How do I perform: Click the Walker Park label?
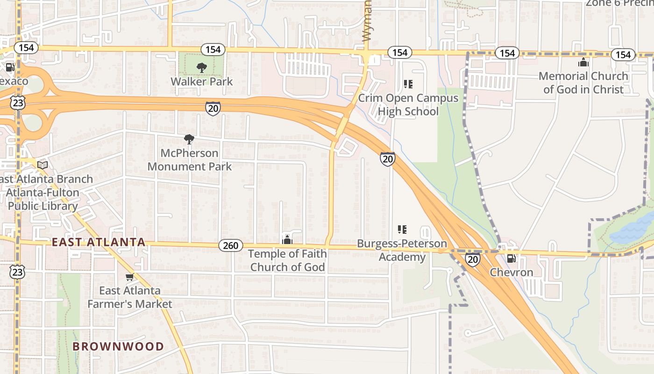click(201, 81)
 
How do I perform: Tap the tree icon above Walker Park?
click(201, 68)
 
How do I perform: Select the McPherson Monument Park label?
click(189, 160)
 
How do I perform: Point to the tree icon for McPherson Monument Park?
click(189, 139)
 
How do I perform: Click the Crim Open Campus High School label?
click(408, 105)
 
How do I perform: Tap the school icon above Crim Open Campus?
click(408, 84)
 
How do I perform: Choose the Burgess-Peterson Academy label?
click(402, 250)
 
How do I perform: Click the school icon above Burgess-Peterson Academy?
click(402, 230)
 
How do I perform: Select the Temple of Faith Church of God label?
click(287, 260)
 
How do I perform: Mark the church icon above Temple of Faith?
click(287, 240)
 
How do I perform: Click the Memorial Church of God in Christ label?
click(583, 83)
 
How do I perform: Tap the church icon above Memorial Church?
click(583, 62)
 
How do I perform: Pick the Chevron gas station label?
click(512, 272)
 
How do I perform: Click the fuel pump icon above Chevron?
click(512, 258)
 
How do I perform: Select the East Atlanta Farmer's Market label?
click(130, 297)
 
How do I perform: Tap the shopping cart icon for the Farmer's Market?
click(129, 277)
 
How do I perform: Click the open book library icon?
click(43, 165)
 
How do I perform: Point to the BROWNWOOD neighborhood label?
click(118, 346)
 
